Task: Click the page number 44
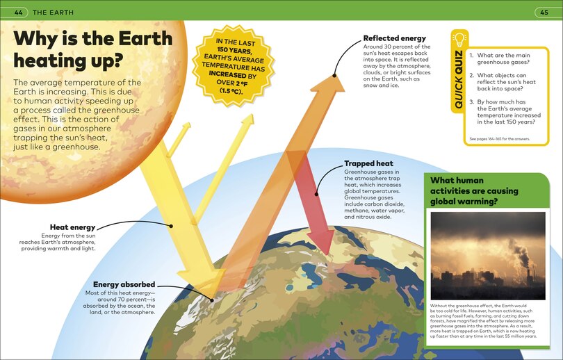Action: (18, 13)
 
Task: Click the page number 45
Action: (544, 13)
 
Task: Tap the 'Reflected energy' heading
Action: (395, 38)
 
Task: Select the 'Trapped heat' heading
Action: (369, 164)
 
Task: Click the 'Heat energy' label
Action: (72, 227)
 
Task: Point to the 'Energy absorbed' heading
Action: (124, 284)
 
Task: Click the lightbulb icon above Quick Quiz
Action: (459, 40)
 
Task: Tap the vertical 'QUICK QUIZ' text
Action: (459, 80)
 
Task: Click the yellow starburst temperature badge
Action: (234, 66)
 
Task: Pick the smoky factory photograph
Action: (488, 256)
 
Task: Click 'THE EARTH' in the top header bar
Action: (53, 13)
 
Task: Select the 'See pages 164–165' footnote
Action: (500, 139)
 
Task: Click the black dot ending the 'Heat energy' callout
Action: (171, 226)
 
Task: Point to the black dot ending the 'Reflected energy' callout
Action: (334, 75)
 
